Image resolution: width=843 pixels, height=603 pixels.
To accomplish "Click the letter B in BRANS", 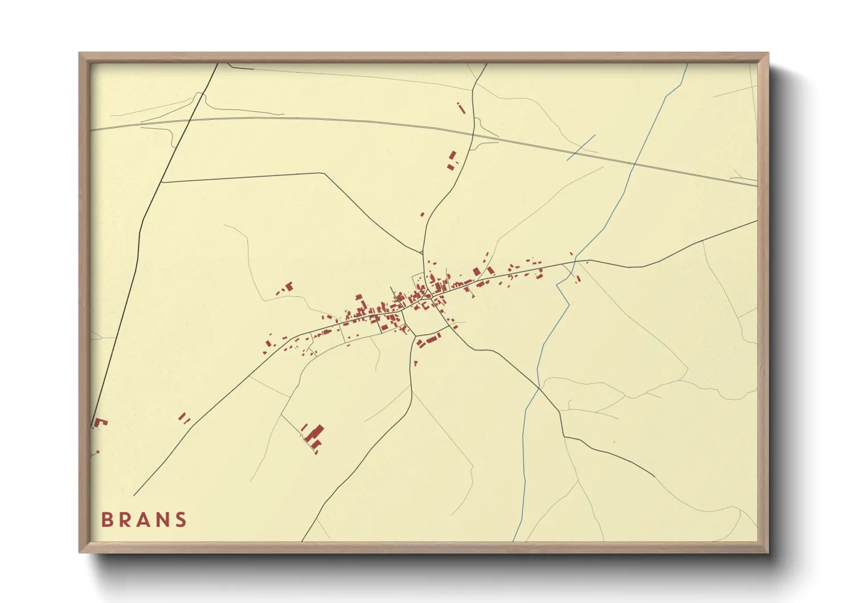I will (107, 520).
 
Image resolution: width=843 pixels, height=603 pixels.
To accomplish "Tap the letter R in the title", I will (125, 520).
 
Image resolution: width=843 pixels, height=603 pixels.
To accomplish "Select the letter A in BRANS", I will (145, 520).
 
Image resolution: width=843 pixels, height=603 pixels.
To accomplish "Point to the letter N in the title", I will (163, 520).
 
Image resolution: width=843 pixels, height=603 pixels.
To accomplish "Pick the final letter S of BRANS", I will (181, 520).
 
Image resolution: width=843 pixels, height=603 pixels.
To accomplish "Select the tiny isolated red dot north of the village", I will (422, 214).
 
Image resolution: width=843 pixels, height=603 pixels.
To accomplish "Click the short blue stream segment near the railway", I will (581, 147).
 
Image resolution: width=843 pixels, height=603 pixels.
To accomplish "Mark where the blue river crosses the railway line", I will (635, 164).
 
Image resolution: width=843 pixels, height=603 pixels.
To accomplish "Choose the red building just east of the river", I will (578, 279).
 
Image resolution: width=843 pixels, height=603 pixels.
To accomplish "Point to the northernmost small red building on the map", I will (461, 107).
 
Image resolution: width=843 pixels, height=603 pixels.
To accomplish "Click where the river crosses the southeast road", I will (539, 389).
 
